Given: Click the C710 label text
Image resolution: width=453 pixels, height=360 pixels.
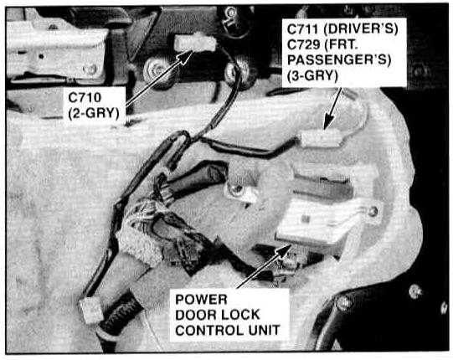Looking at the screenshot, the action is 85,97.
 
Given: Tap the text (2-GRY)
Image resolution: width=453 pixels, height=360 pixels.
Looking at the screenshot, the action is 94,113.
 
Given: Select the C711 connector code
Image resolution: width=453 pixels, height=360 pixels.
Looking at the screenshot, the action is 303,29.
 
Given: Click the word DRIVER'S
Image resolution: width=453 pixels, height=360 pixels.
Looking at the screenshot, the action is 361,29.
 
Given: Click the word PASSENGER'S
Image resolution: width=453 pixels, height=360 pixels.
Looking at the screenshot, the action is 339,60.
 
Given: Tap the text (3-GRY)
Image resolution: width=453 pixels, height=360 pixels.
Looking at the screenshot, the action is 312,76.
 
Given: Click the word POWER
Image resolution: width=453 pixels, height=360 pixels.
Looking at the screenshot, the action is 201,300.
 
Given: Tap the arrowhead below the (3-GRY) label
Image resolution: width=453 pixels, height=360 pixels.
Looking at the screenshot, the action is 328,122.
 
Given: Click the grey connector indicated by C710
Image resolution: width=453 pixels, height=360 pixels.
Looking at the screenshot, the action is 195,43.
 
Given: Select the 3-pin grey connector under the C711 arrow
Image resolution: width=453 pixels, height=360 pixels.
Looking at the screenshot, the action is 321,138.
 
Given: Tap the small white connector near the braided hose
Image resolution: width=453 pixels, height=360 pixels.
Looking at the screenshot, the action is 91,310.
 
